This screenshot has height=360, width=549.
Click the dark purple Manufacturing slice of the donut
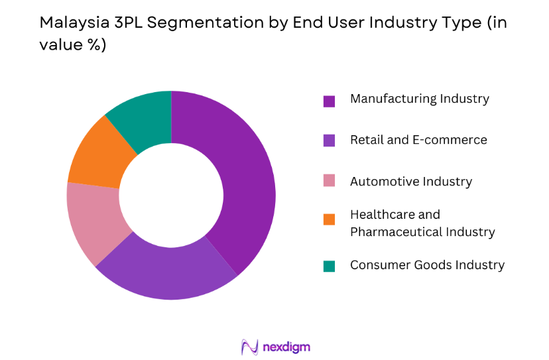[x=245, y=179]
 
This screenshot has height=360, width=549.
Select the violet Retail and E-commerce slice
[x=166, y=269]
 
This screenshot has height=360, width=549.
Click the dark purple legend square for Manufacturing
[x=329, y=101]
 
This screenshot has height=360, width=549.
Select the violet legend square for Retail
[x=329, y=141]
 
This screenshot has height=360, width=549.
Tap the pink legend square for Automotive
[x=329, y=181]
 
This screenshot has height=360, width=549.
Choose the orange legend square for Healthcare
[x=329, y=218]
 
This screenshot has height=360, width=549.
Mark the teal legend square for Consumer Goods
[x=329, y=266]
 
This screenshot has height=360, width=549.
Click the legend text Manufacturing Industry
[x=419, y=99]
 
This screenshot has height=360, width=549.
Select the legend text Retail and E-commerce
[x=418, y=140]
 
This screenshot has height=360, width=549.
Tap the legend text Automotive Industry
[x=410, y=181]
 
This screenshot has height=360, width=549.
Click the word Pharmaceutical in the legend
[x=399, y=232]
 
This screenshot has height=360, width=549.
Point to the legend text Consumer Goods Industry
[x=427, y=265]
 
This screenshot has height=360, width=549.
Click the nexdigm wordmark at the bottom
[x=286, y=347]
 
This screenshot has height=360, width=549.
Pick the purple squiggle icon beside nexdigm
[x=250, y=347]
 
